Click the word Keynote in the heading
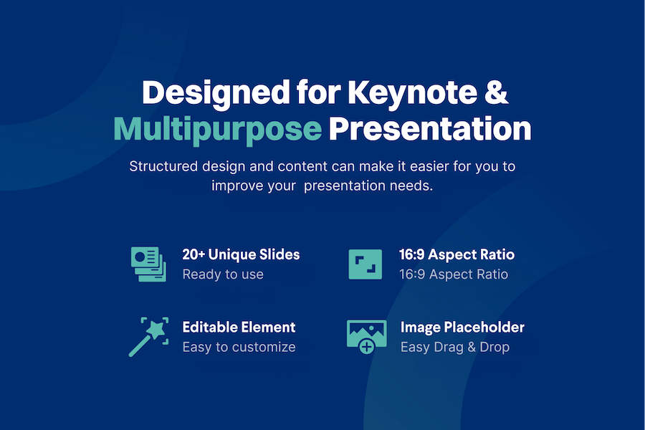tap(413, 92)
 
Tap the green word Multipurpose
tap(218, 129)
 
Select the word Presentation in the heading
tap(430, 129)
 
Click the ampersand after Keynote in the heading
tap(497, 91)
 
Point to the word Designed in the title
tap(216, 94)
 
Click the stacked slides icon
tap(149, 264)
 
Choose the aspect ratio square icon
tap(365, 264)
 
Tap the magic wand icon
tap(148, 337)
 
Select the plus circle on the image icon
tap(366, 347)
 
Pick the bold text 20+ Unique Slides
tap(241, 254)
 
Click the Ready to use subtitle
tap(223, 274)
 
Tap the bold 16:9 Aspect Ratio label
tap(457, 254)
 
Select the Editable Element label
tap(239, 327)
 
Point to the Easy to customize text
tap(239, 347)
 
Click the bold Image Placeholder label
tap(462, 327)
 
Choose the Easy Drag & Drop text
tap(455, 347)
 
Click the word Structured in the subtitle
tap(163, 166)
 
